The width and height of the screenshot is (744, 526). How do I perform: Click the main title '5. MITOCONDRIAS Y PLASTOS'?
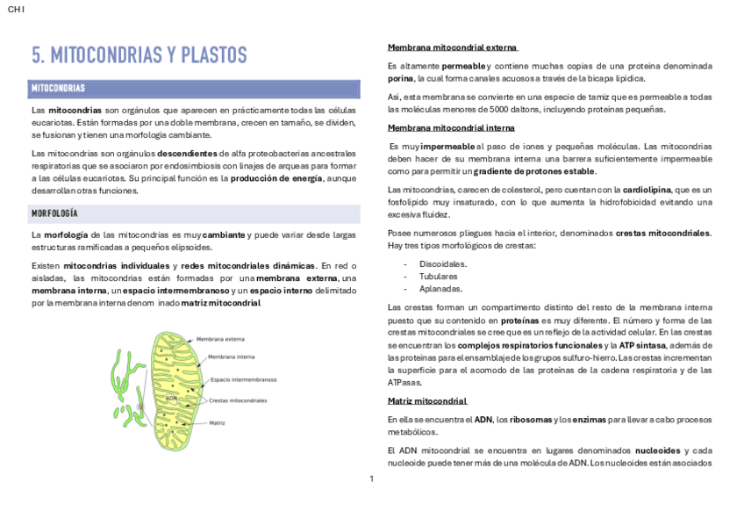coord(139,55)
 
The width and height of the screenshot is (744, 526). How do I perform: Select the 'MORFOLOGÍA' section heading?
coord(54,213)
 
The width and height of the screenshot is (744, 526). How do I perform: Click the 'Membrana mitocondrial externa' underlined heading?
coord(452,47)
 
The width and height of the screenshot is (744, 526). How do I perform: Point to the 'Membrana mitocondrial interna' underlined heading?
coord(451,127)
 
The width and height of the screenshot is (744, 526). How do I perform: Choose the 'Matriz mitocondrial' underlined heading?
coord(426,400)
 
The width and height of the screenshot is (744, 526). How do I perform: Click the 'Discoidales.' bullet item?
coord(443,263)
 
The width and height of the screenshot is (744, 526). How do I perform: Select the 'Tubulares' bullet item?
coord(439,276)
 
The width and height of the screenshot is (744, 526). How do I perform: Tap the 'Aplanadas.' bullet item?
coord(441,288)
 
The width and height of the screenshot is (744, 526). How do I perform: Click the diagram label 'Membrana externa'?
coord(220,338)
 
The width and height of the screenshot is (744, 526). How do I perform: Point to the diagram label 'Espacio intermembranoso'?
coord(243,379)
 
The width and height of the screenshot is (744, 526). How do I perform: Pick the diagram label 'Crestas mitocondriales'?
coord(238,400)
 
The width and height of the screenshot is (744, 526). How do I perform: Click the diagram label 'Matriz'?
coord(217,422)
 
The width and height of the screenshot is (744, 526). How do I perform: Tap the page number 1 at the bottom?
coord(371,479)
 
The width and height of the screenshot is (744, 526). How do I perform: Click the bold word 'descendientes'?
coord(187,153)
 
